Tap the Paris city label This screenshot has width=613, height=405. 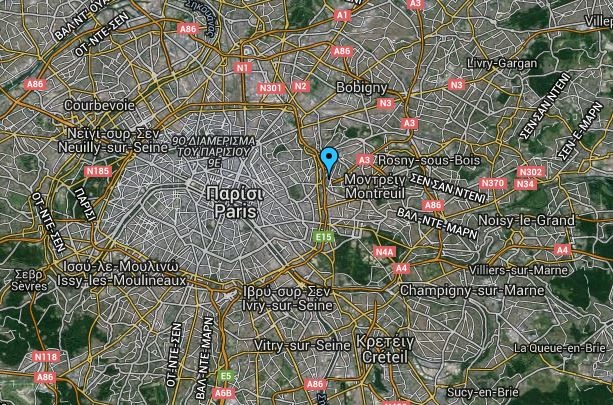click(229, 211)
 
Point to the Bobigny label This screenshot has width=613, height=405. click(362, 88)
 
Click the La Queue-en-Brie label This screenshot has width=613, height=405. click(559, 347)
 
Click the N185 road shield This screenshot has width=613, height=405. click(98, 171)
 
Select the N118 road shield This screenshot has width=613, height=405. click(44, 356)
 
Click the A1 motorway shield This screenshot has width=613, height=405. click(342, 16)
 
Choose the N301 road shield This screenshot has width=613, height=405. click(269, 88)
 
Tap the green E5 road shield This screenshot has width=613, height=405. click(226, 376)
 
